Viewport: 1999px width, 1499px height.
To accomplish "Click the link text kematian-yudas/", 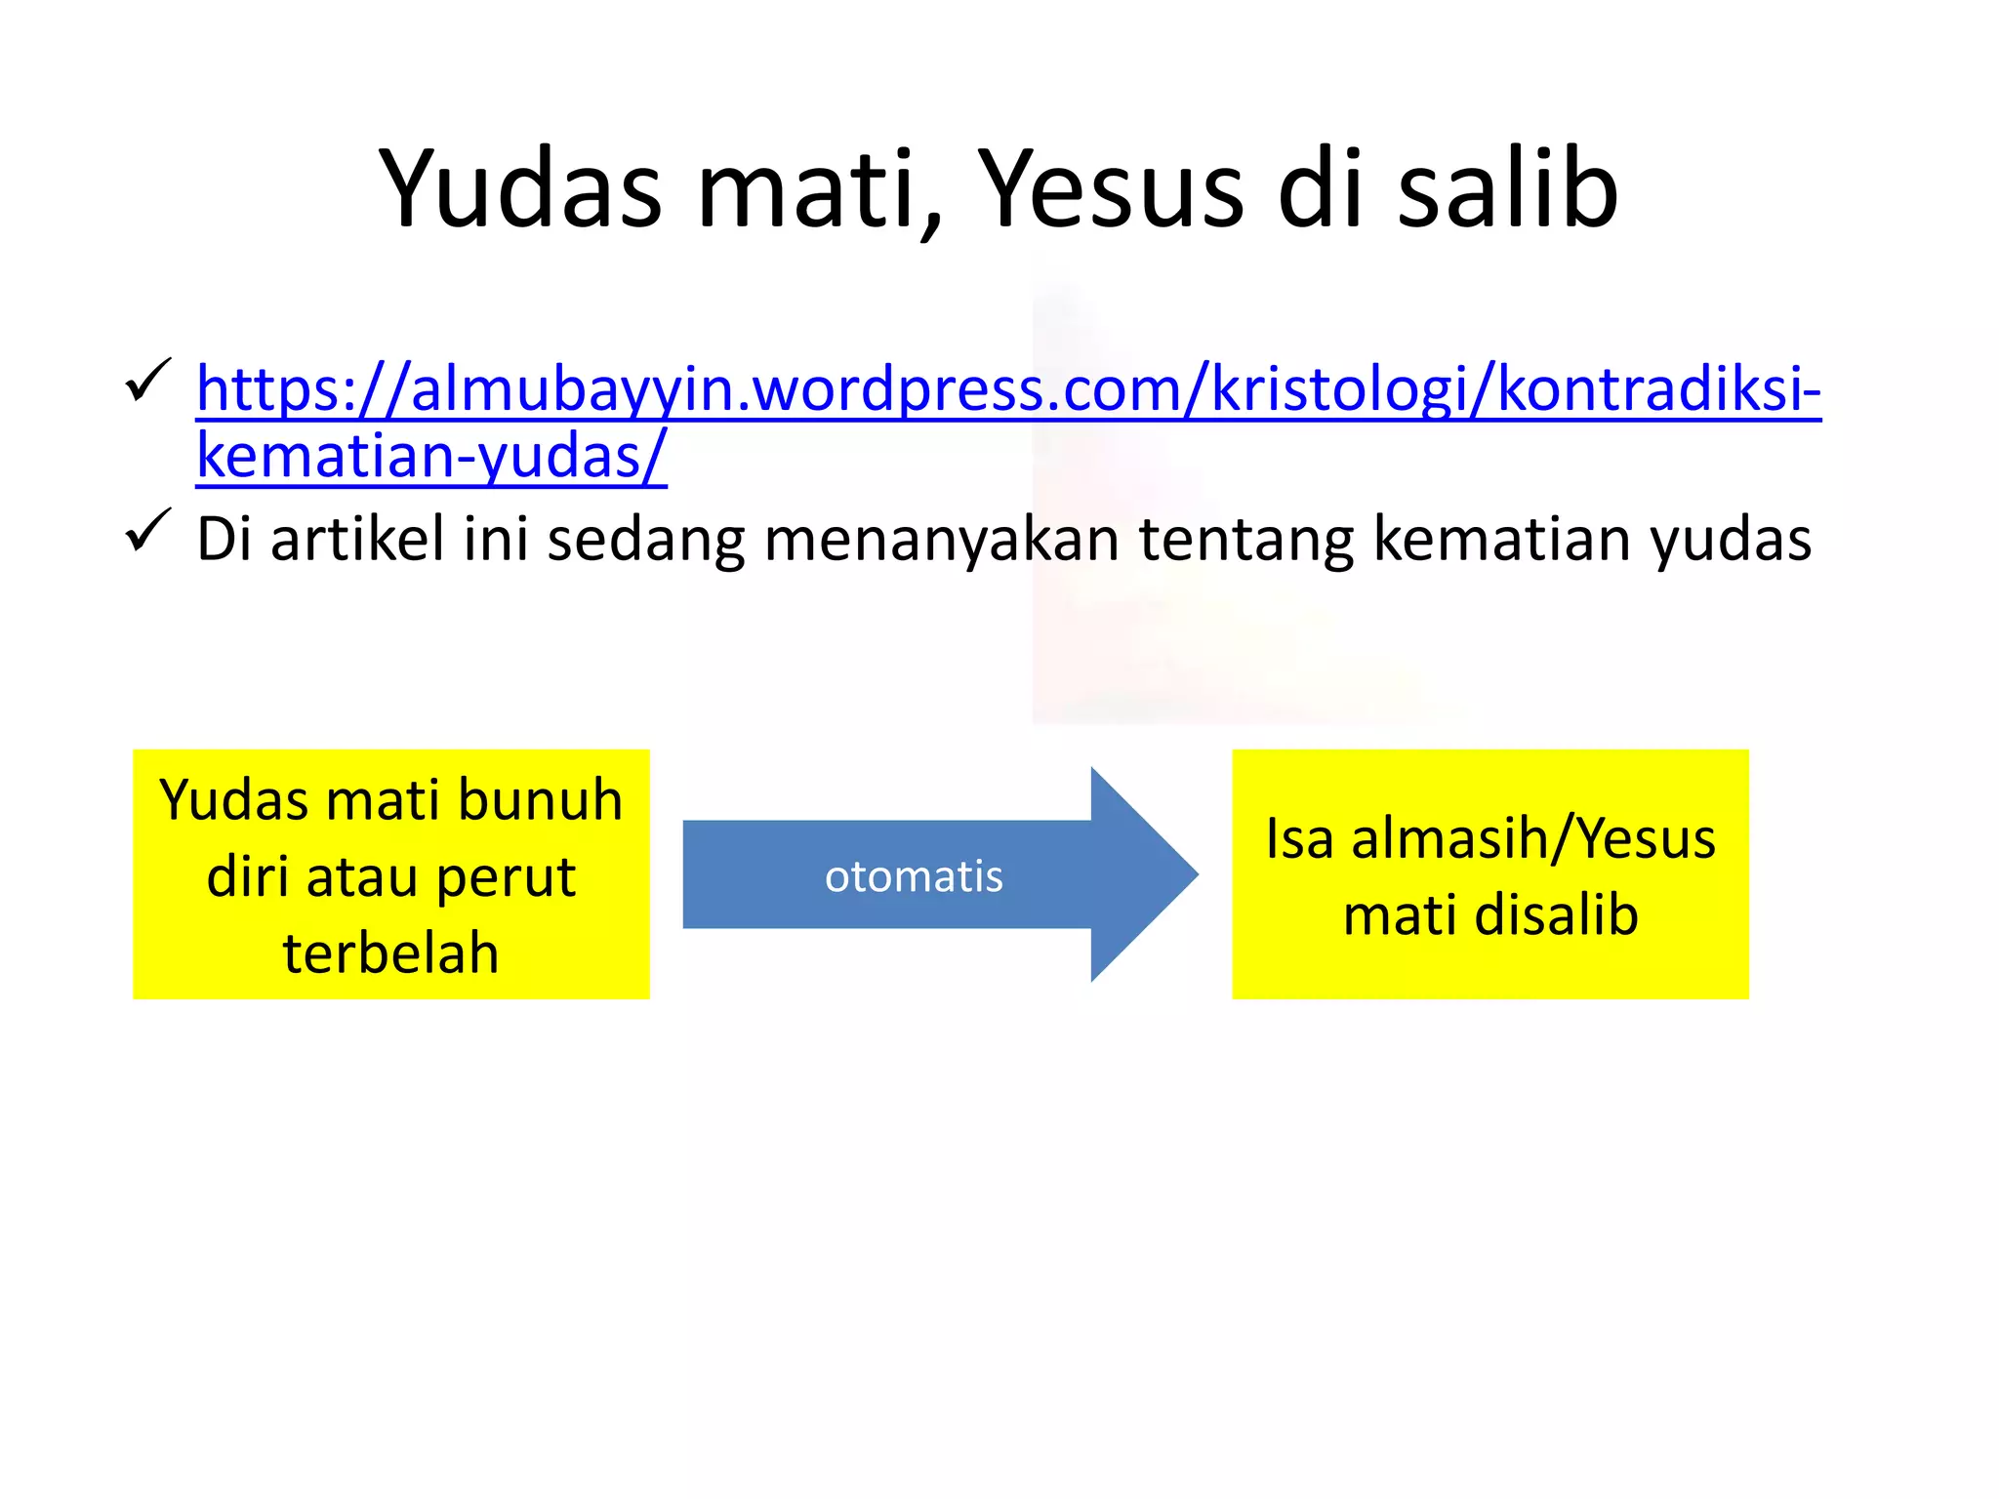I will (430, 456).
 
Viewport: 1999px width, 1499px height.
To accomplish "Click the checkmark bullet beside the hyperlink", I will (148, 382).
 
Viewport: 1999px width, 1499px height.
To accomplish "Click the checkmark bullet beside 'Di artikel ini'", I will (148, 532).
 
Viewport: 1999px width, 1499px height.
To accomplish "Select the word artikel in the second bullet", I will (357, 539).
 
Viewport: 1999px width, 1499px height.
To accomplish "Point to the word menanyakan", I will (940, 539).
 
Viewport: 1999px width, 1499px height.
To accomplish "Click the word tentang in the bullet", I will (1245, 539).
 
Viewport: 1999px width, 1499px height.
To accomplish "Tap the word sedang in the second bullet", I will (645, 539).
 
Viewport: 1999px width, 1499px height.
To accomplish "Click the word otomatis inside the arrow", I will (914, 876).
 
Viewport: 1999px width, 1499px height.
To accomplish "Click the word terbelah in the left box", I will (390, 952).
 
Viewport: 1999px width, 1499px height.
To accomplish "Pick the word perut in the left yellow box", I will (505, 876).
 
